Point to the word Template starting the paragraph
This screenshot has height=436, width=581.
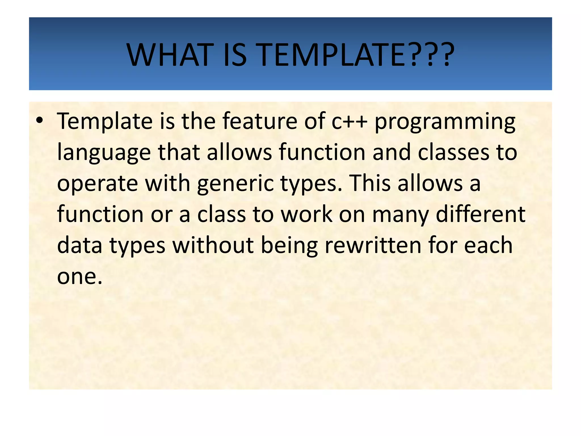coord(105,121)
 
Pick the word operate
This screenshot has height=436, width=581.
coord(98,184)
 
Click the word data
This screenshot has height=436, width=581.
coord(79,245)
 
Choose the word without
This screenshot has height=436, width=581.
coord(213,245)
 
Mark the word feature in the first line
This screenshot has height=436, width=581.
coord(259,121)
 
